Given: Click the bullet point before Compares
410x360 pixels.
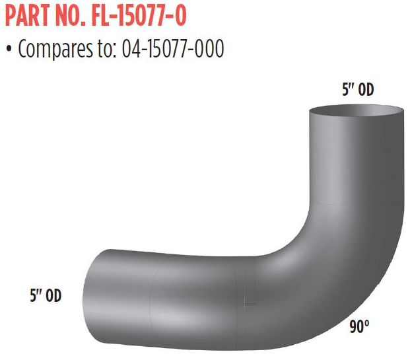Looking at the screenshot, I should [9, 50].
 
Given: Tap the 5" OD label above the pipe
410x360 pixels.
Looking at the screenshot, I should [358, 91].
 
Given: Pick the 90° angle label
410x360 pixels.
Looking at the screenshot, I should [359, 326].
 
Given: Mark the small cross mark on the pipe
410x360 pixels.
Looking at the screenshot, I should [248, 304].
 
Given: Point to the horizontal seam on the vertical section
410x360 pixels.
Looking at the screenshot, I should [357, 203].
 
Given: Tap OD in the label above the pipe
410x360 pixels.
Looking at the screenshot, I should [366, 91].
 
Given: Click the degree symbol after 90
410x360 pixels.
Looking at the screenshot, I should [367, 323].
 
